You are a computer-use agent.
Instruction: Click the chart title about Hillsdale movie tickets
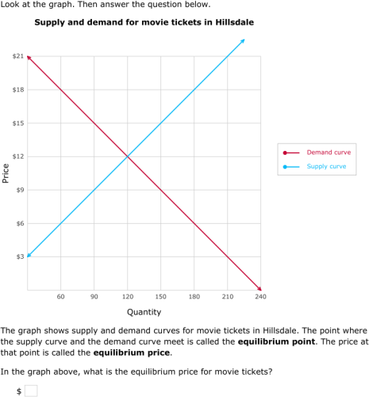point(133,21)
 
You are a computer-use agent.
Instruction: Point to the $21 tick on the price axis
point(17,56)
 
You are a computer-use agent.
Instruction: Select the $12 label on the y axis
point(17,156)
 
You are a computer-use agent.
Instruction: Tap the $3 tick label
point(19,256)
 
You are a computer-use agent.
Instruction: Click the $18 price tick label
point(17,90)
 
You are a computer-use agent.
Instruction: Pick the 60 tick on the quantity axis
point(60,296)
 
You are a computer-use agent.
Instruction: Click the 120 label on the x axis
point(127,296)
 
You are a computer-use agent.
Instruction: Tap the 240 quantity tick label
point(260,296)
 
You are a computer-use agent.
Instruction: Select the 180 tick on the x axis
point(194,296)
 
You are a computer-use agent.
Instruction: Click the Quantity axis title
point(144,312)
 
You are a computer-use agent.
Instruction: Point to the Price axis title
point(6,173)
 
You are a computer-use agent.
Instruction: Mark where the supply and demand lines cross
point(127,156)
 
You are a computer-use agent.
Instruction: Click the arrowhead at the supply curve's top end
point(243,40)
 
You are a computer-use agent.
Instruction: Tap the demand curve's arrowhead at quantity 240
point(259,288)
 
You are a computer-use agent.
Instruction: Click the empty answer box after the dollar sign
point(31,390)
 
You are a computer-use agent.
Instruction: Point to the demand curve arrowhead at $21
point(29,58)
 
